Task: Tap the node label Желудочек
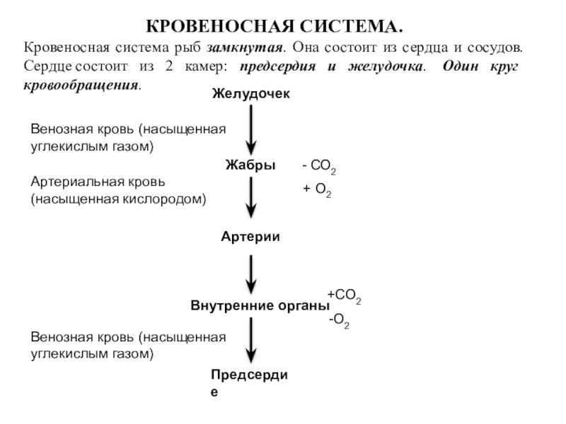(x=250, y=94)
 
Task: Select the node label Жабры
(x=250, y=165)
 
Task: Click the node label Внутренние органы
(x=260, y=307)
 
